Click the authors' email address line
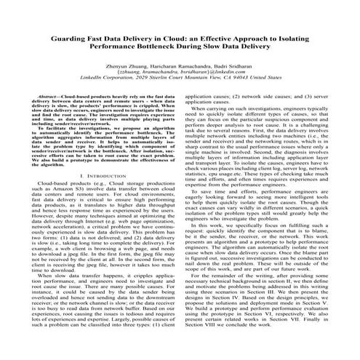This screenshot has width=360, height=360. click(180, 72)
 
